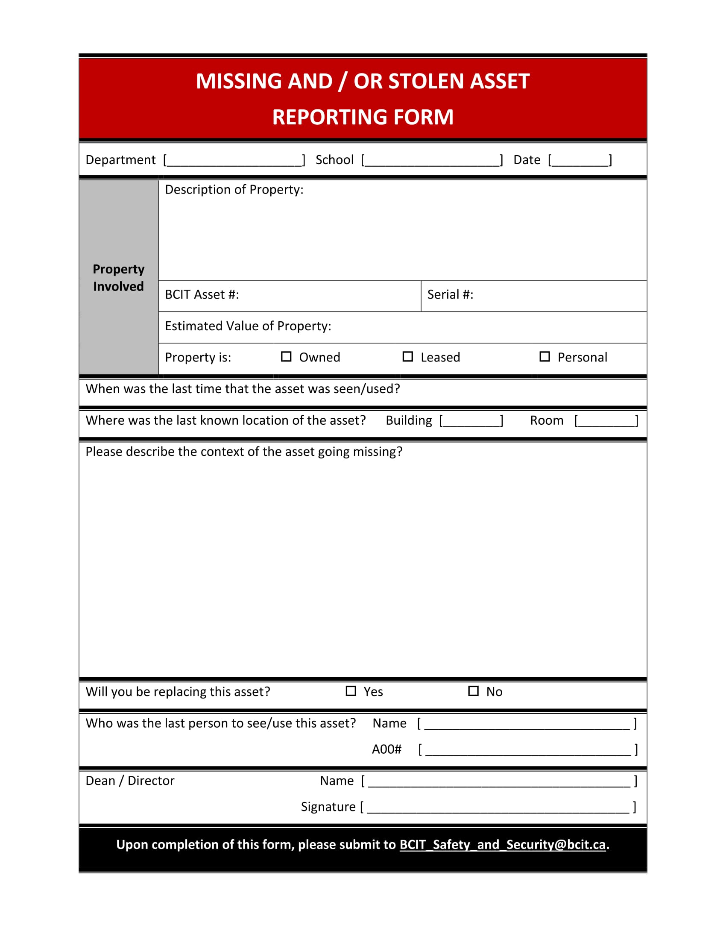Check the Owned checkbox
pos(286,357)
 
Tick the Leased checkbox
pos(407,357)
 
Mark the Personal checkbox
pos(544,357)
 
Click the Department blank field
pos(234,160)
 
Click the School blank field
pos(432,160)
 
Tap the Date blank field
pos(580,160)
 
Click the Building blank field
pos(471,420)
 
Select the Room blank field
pos(606,420)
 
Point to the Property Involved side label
pos(118,278)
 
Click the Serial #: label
pos(450,295)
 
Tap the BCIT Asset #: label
pos(202,295)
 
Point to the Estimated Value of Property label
pos(248,326)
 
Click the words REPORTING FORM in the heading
pos(363,117)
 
